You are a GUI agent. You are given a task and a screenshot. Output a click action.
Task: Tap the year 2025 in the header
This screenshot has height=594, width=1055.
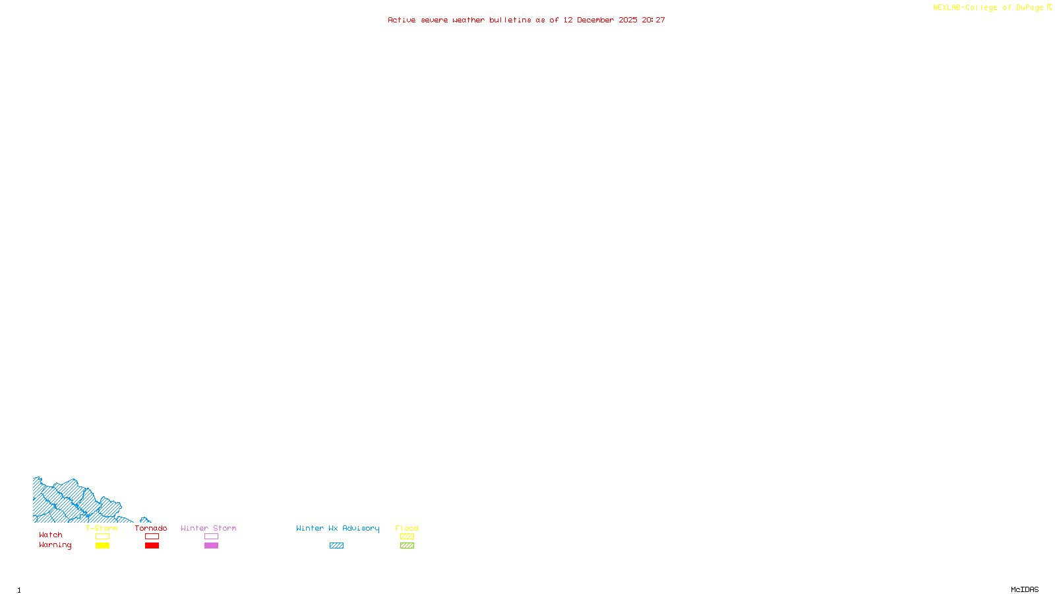point(628,20)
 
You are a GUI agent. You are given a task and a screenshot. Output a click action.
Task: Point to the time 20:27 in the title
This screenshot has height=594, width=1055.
point(653,20)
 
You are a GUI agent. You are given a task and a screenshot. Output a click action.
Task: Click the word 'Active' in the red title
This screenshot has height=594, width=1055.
point(402,20)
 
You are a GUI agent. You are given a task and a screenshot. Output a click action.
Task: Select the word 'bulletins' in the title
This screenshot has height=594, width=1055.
point(510,20)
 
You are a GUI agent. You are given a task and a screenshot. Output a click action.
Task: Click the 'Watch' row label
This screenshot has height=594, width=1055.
point(51,535)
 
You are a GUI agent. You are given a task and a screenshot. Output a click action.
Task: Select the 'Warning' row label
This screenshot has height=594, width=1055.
point(55,545)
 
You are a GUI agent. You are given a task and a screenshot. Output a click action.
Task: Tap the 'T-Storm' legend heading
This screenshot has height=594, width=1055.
point(102,528)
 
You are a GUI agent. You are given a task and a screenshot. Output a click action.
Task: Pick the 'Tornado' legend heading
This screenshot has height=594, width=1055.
point(151,528)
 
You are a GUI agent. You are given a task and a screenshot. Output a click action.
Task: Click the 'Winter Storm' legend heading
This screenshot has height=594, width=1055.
point(208,528)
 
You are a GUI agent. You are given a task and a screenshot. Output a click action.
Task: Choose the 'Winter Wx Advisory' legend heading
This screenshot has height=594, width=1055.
point(338,528)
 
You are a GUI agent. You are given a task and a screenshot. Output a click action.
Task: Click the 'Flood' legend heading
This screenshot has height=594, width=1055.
point(407,528)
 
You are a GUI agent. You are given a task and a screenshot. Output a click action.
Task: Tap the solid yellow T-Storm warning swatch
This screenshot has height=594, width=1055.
point(102,546)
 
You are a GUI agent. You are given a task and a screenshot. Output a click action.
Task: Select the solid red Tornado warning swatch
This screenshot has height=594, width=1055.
point(152,546)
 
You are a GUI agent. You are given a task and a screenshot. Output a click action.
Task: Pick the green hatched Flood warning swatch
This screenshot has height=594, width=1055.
point(407,546)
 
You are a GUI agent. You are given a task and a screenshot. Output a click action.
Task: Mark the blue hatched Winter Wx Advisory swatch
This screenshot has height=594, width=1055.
point(336,546)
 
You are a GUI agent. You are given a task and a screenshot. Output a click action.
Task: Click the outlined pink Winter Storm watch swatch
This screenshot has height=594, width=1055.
point(211,537)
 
